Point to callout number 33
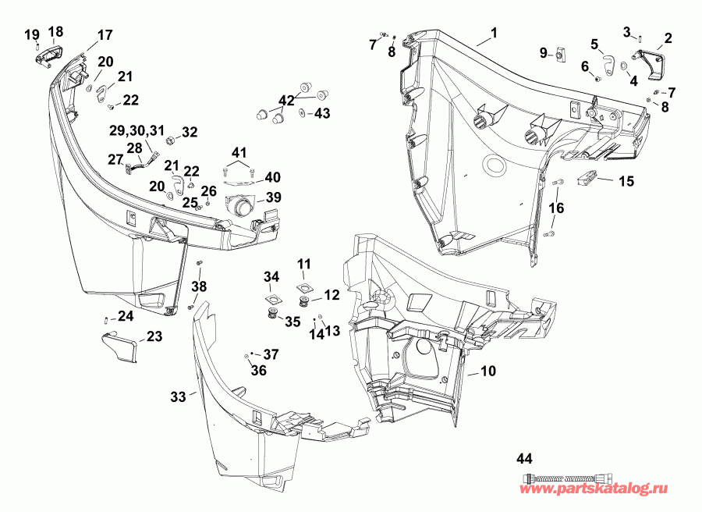pos(179,397)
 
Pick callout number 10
pos(487,372)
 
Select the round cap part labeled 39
pos(239,207)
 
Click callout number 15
pos(626,181)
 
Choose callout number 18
pos(56,31)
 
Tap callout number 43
pos(321,114)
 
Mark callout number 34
pos(271,277)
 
